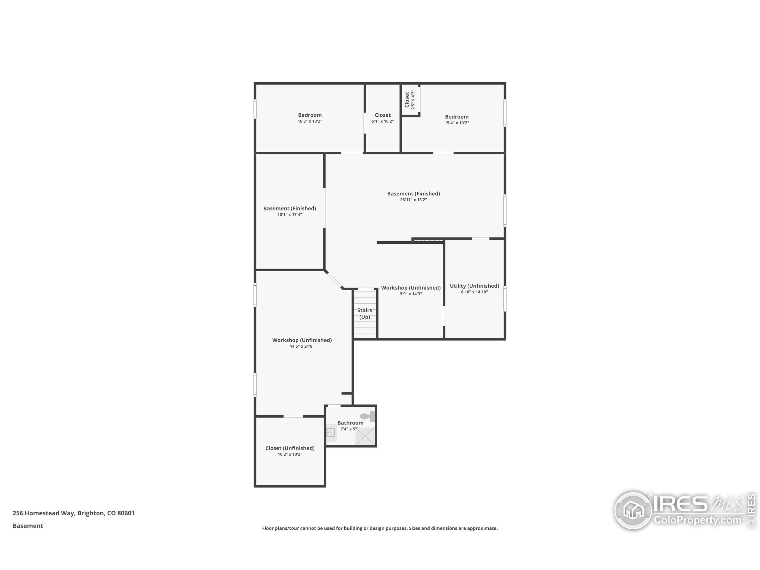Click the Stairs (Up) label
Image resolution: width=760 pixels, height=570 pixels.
(x=365, y=313)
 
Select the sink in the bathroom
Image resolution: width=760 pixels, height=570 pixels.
(x=331, y=432)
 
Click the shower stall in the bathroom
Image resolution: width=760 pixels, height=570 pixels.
(x=365, y=437)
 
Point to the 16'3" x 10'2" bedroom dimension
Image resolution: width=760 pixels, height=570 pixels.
(x=310, y=121)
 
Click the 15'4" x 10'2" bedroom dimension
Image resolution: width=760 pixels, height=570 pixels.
(x=457, y=123)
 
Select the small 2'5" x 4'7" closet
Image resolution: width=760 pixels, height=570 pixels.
(x=410, y=100)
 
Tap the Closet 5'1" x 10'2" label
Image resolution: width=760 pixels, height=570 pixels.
(x=382, y=115)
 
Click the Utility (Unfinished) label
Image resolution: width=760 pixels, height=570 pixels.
(x=474, y=286)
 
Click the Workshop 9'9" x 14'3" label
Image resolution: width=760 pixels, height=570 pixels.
(x=411, y=288)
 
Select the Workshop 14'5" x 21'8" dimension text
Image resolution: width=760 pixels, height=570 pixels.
(x=302, y=346)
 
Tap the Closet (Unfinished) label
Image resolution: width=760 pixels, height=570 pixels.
(x=290, y=448)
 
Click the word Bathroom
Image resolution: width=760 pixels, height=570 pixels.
(x=350, y=423)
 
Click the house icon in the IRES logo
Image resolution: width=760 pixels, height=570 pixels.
(x=632, y=510)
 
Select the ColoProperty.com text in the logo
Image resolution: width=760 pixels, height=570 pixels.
(x=697, y=520)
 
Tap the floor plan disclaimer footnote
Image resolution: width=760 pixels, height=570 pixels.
(x=380, y=528)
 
